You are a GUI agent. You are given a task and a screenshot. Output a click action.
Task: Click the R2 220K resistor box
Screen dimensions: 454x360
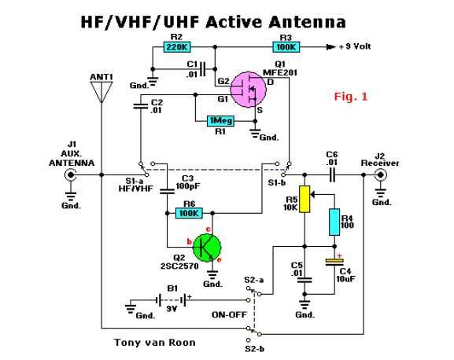tap(177, 47)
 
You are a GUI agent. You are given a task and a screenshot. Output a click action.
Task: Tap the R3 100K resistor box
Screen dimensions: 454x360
tap(286, 47)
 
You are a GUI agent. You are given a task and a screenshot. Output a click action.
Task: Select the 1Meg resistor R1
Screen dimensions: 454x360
tap(220, 121)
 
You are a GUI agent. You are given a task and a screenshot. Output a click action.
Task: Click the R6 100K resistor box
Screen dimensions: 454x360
tap(189, 213)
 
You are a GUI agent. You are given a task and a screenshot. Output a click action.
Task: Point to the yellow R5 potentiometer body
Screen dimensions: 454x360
tap(305, 199)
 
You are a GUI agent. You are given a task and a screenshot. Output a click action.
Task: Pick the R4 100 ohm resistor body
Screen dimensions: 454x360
tap(334, 222)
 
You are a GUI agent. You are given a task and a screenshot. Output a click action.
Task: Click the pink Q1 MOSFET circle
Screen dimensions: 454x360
tap(249, 90)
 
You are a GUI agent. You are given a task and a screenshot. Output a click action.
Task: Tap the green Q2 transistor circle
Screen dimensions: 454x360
tap(207, 248)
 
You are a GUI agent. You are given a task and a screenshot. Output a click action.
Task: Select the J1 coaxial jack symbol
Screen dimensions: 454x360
tap(70, 175)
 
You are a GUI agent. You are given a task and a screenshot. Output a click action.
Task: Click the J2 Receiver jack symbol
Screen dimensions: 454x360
tap(380, 175)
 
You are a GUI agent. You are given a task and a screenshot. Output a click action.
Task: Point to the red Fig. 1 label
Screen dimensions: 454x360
tap(351, 97)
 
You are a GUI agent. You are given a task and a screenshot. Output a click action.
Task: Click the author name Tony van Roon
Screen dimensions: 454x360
tap(155, 343)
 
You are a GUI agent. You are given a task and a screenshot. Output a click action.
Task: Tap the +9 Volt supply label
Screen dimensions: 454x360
tap(354, 46)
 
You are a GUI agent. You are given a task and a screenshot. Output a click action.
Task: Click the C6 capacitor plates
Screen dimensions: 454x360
tap(332, 175)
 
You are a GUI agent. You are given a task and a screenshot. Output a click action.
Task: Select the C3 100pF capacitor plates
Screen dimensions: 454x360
tap(167, 191)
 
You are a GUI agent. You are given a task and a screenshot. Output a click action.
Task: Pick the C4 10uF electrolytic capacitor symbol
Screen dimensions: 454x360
tap(334, 262)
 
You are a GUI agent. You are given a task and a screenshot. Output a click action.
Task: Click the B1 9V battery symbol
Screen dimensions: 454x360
tap(171, 300)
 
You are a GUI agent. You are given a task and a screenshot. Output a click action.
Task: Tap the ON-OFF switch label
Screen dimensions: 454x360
tap(229, 314)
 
